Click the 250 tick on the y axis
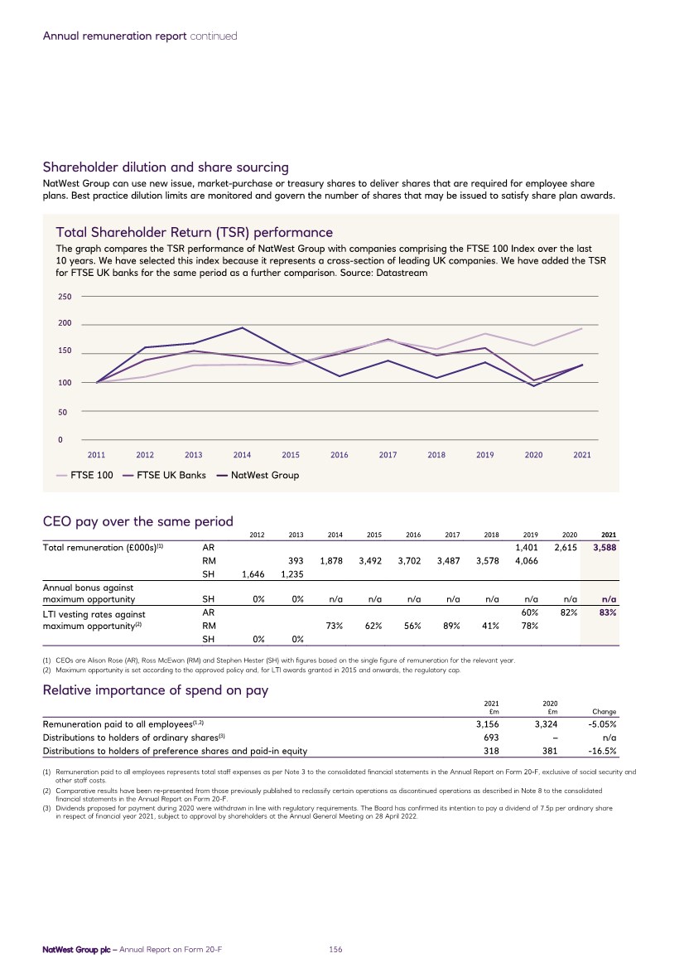[x=62, y=297]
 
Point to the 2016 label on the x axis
[x=339, y=454]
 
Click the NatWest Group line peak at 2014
[x=243, y=328]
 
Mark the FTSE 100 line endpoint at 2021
[x=582, y=329]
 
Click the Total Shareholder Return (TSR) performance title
[x=194, y=231]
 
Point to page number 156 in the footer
[x=336, y=949]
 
